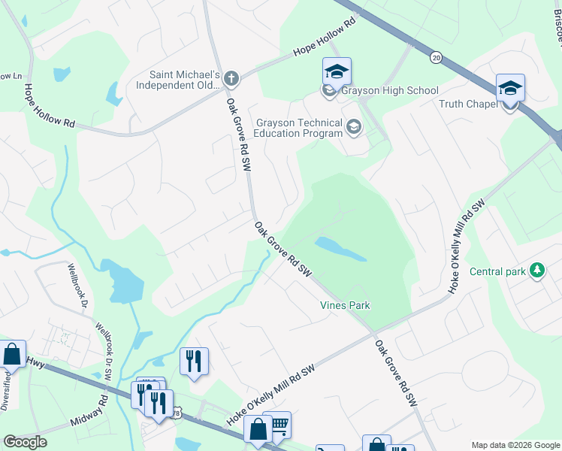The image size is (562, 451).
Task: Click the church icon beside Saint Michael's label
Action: click(231, 78)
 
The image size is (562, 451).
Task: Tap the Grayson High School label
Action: click(390, 91)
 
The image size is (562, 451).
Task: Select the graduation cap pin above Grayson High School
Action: click(337, 72)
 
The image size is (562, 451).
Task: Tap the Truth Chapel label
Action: click(468, 104)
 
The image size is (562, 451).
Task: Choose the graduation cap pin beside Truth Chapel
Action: click(510, 89)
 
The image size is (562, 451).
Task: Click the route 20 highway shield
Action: click(436, 56)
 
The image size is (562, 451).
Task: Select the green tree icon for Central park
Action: click(536, 270)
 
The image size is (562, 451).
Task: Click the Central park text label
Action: click(497, 271)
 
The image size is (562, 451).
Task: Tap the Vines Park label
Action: click(345, 305)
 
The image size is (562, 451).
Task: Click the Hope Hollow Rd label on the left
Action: click(50, 106)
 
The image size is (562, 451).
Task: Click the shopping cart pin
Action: click(278, 425)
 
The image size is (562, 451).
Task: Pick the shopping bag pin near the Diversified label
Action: click(12, 354)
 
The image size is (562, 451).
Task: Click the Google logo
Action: click(26, 442)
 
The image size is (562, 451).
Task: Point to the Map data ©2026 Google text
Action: click(514, 445)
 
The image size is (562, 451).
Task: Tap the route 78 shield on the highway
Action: click(176, 413)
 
